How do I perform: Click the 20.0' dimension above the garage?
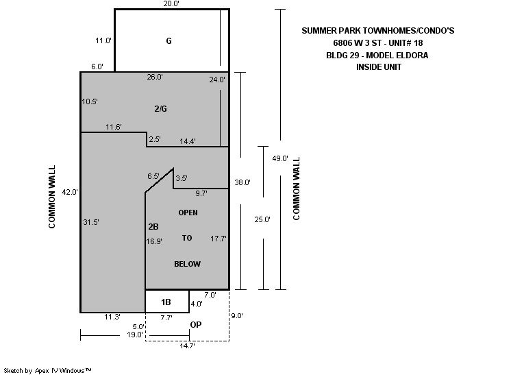(x=171, y=4)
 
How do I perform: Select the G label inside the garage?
(x=169, y=41)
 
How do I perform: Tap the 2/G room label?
(x=161, y=109)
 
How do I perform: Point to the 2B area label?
(x=153, y=227)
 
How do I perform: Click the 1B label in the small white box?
(x=166, y=302)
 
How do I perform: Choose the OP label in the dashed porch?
(x=196, y=325)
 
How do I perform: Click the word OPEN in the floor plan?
(x=188, y=213)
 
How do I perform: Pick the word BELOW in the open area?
(x=188, y=264)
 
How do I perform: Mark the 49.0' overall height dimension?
(x=280, y=158)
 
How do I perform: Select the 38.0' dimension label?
(x=242, y=182)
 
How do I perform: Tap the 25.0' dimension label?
(x=262, y=219)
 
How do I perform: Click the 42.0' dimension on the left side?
(x=70, y=192)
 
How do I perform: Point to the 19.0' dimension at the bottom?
(x=134, y=335)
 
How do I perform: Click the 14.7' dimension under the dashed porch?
(x=188, y=346)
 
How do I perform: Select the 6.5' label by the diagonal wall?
(x=153, y=176)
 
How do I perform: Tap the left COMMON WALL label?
(x=52, y=197)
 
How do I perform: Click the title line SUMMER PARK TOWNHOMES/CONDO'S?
(x=378, y=31)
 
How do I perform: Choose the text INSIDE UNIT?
(x=379, y=67)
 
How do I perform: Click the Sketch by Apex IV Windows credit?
(x=47, y=371)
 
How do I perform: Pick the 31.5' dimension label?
(x=91, y=222)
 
